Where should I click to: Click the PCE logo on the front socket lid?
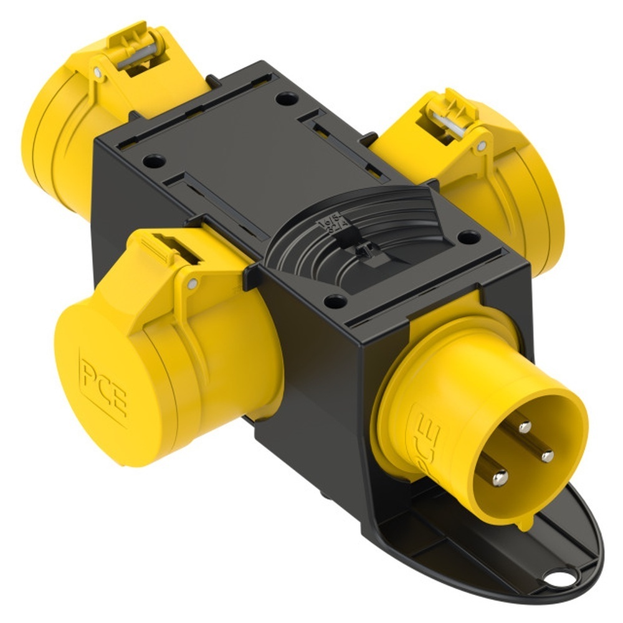pos(103,386)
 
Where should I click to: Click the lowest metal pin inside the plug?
pos(499,478)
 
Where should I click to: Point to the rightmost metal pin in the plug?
pos(547,456)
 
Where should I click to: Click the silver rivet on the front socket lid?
pos(193,284)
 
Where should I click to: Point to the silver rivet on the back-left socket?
pos(98,73)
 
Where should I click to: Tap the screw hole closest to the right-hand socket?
pos(468,237)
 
